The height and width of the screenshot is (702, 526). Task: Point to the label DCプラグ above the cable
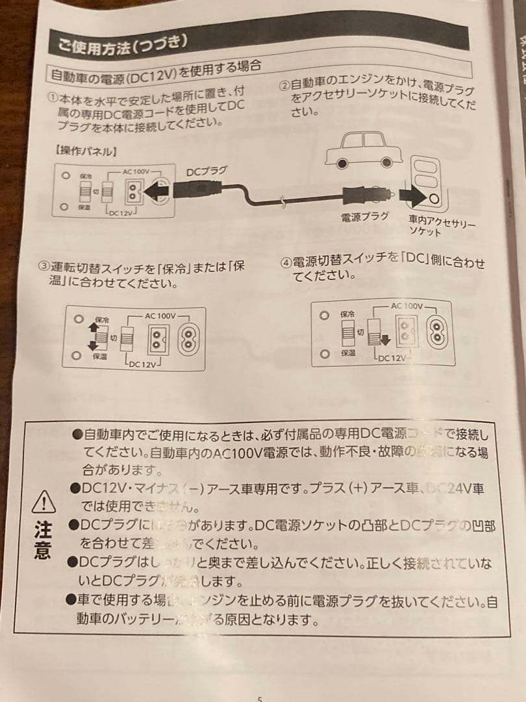207,171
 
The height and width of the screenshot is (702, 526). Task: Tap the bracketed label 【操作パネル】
86,151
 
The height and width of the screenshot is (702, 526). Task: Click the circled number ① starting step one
53,99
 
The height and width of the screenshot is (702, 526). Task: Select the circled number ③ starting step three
44,267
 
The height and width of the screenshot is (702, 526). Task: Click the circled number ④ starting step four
286,263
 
